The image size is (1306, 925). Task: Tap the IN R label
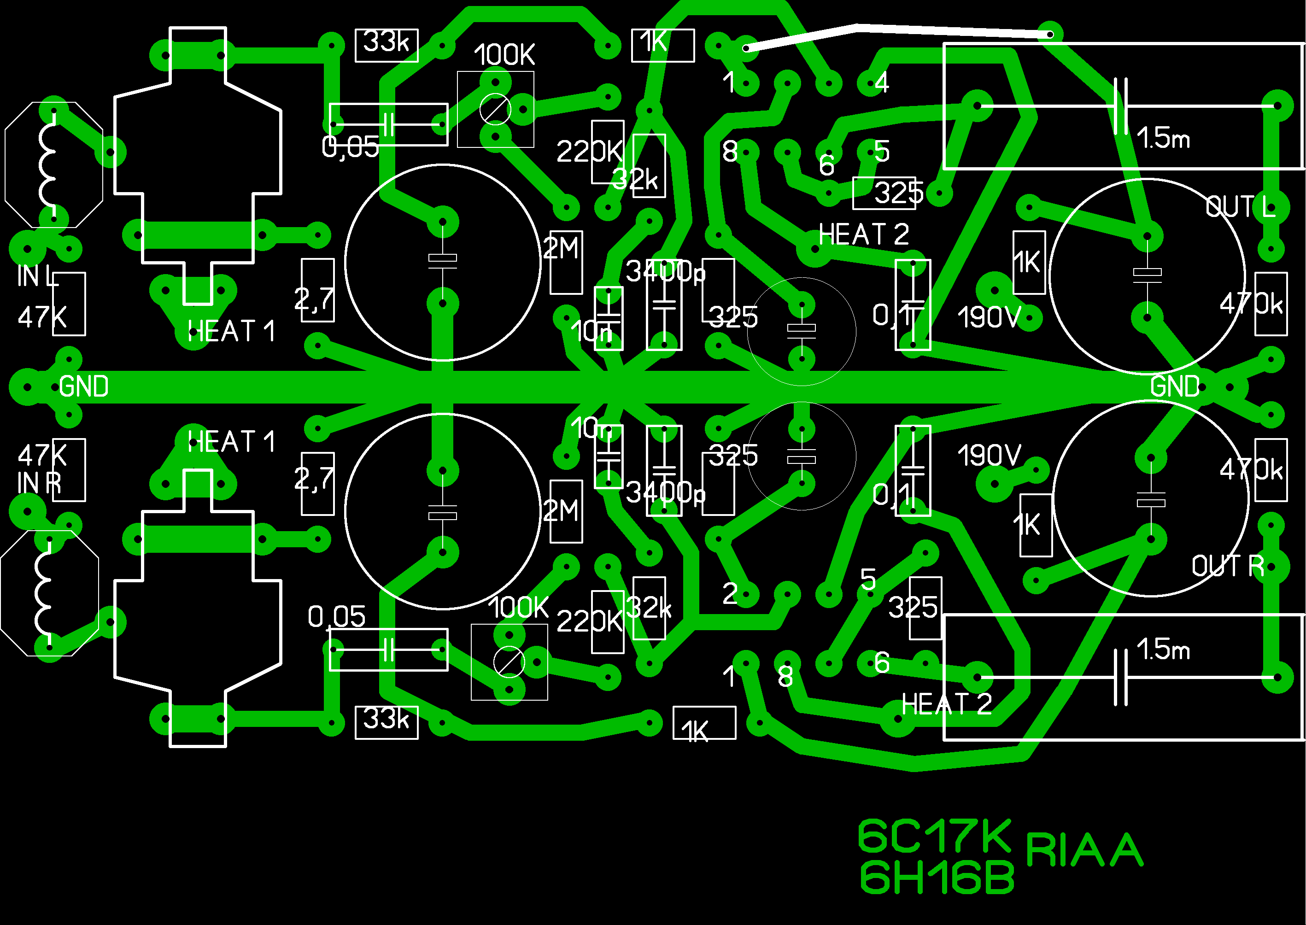39,483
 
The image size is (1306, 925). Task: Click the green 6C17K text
934,836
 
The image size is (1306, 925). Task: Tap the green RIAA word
1084,850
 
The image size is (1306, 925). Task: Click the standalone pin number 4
882,82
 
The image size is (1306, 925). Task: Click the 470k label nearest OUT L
1251,304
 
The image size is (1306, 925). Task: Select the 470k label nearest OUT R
1251,470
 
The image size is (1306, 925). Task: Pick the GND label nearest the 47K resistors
84,387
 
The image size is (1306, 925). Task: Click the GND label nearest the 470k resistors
1174,387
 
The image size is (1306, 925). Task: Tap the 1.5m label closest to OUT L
1163,138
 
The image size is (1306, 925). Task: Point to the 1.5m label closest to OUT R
1163,650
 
